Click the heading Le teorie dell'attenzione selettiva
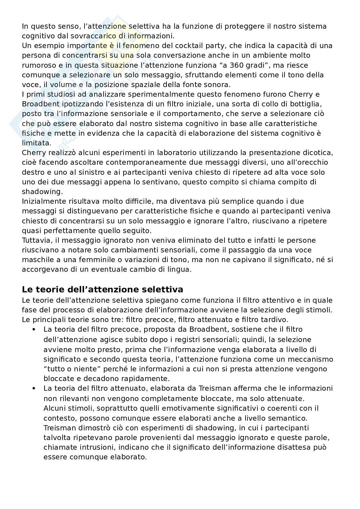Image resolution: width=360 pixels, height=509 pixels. click(102, 289)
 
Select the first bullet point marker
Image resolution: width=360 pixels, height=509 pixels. click(34, 329)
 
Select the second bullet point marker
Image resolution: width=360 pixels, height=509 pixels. click(34, 388)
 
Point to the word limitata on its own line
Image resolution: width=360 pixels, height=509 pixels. click(36, 143)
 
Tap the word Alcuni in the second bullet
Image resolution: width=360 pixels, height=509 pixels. click(55, 408)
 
